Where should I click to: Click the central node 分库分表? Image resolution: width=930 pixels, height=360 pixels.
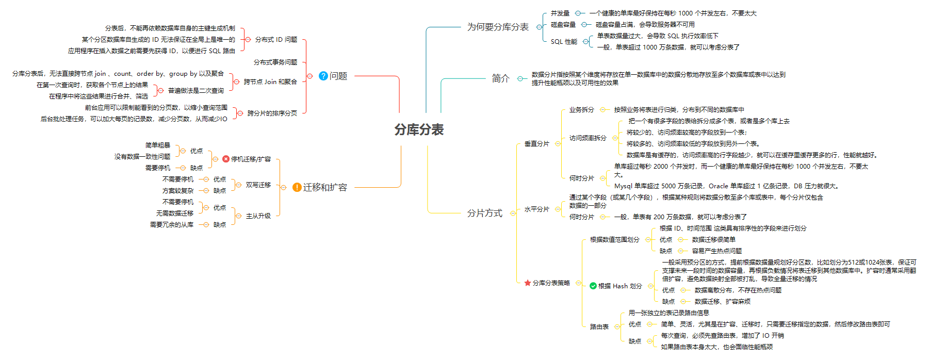point(419,129)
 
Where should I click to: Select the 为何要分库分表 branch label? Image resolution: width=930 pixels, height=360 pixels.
point(498,27)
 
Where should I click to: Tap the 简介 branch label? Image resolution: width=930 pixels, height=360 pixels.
point(500,78)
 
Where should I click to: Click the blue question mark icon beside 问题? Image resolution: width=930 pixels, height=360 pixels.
point(323,76)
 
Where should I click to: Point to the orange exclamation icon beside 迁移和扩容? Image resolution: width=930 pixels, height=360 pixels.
point(297,187)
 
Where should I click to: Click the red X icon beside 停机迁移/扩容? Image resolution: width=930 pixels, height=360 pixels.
point(226,159)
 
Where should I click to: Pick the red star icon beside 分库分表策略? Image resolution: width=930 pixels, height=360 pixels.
point(528,283)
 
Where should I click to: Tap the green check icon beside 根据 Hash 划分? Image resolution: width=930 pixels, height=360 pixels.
point(593,286)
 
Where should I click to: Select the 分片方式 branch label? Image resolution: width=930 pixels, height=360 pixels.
point(484,213)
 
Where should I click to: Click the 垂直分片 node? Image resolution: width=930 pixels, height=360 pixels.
point(536,143)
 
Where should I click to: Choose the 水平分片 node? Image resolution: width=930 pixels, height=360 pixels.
point(536,209)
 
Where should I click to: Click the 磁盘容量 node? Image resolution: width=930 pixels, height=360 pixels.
point(563,24)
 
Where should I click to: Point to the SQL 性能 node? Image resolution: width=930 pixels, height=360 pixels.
point(564,42)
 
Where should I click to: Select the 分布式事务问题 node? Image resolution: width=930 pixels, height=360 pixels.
point(275,62)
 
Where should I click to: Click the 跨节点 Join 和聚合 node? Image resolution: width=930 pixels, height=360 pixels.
point(270,81)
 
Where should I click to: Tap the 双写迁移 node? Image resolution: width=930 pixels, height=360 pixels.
point(258,185)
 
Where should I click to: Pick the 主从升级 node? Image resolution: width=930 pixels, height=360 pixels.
point(258,216)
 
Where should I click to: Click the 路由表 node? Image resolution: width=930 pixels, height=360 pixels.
point(599,326)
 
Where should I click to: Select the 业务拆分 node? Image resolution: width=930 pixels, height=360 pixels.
point(581,109)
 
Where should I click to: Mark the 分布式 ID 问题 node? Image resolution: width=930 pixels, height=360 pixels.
point(276,39)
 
